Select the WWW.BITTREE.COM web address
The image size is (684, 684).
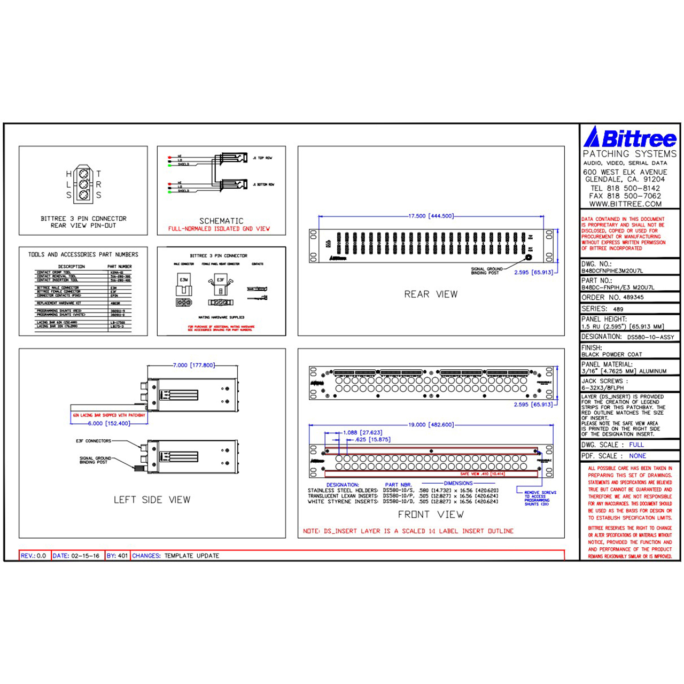625,204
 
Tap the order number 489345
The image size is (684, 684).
633,297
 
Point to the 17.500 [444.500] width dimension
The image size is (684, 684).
431,216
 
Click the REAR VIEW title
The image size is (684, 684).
431,294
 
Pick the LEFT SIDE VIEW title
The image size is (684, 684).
152,500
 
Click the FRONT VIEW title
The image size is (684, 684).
431,515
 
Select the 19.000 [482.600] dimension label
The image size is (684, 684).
431,425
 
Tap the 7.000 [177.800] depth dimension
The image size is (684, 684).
193,366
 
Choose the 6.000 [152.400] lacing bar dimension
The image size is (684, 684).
109,423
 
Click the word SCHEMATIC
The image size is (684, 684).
221,221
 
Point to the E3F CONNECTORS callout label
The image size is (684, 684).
94,441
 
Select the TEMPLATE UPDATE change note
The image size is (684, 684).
191,556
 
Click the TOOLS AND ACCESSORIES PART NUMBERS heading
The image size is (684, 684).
83,254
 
